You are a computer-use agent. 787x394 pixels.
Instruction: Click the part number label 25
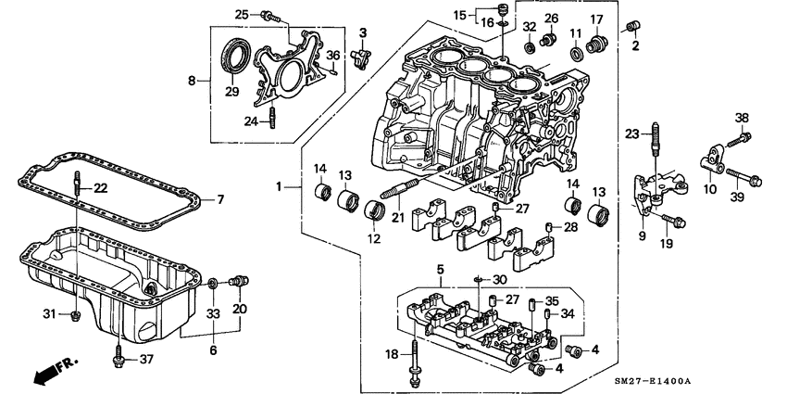[x=241, y=14]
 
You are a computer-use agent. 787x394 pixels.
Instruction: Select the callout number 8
[x=193, y=82]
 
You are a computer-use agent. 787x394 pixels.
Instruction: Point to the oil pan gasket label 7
[x=220, y=198]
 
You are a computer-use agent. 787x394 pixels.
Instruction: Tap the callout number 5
[x=441, y=269]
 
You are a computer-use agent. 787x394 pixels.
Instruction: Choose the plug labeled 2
[x=635, y=24]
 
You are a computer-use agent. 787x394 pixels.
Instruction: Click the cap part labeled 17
[x=599, y=44]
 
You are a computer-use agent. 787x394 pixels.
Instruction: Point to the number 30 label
[x=500, y=279]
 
